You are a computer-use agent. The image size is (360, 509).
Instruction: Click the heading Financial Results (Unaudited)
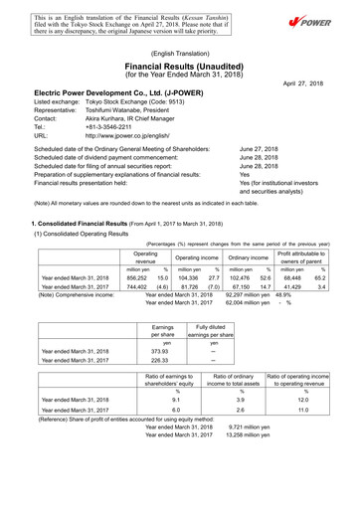tap(180, 62)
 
